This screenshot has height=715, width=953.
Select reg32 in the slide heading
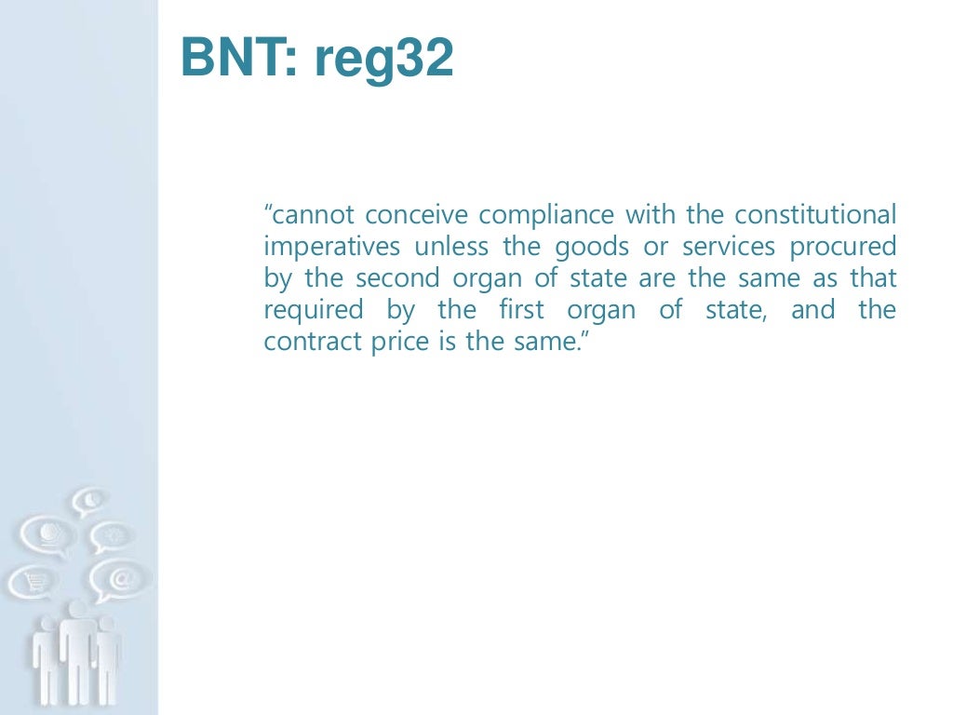click(383, 60)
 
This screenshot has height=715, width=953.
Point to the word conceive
click(418, 216)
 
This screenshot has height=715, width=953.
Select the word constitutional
click(815, 216)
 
